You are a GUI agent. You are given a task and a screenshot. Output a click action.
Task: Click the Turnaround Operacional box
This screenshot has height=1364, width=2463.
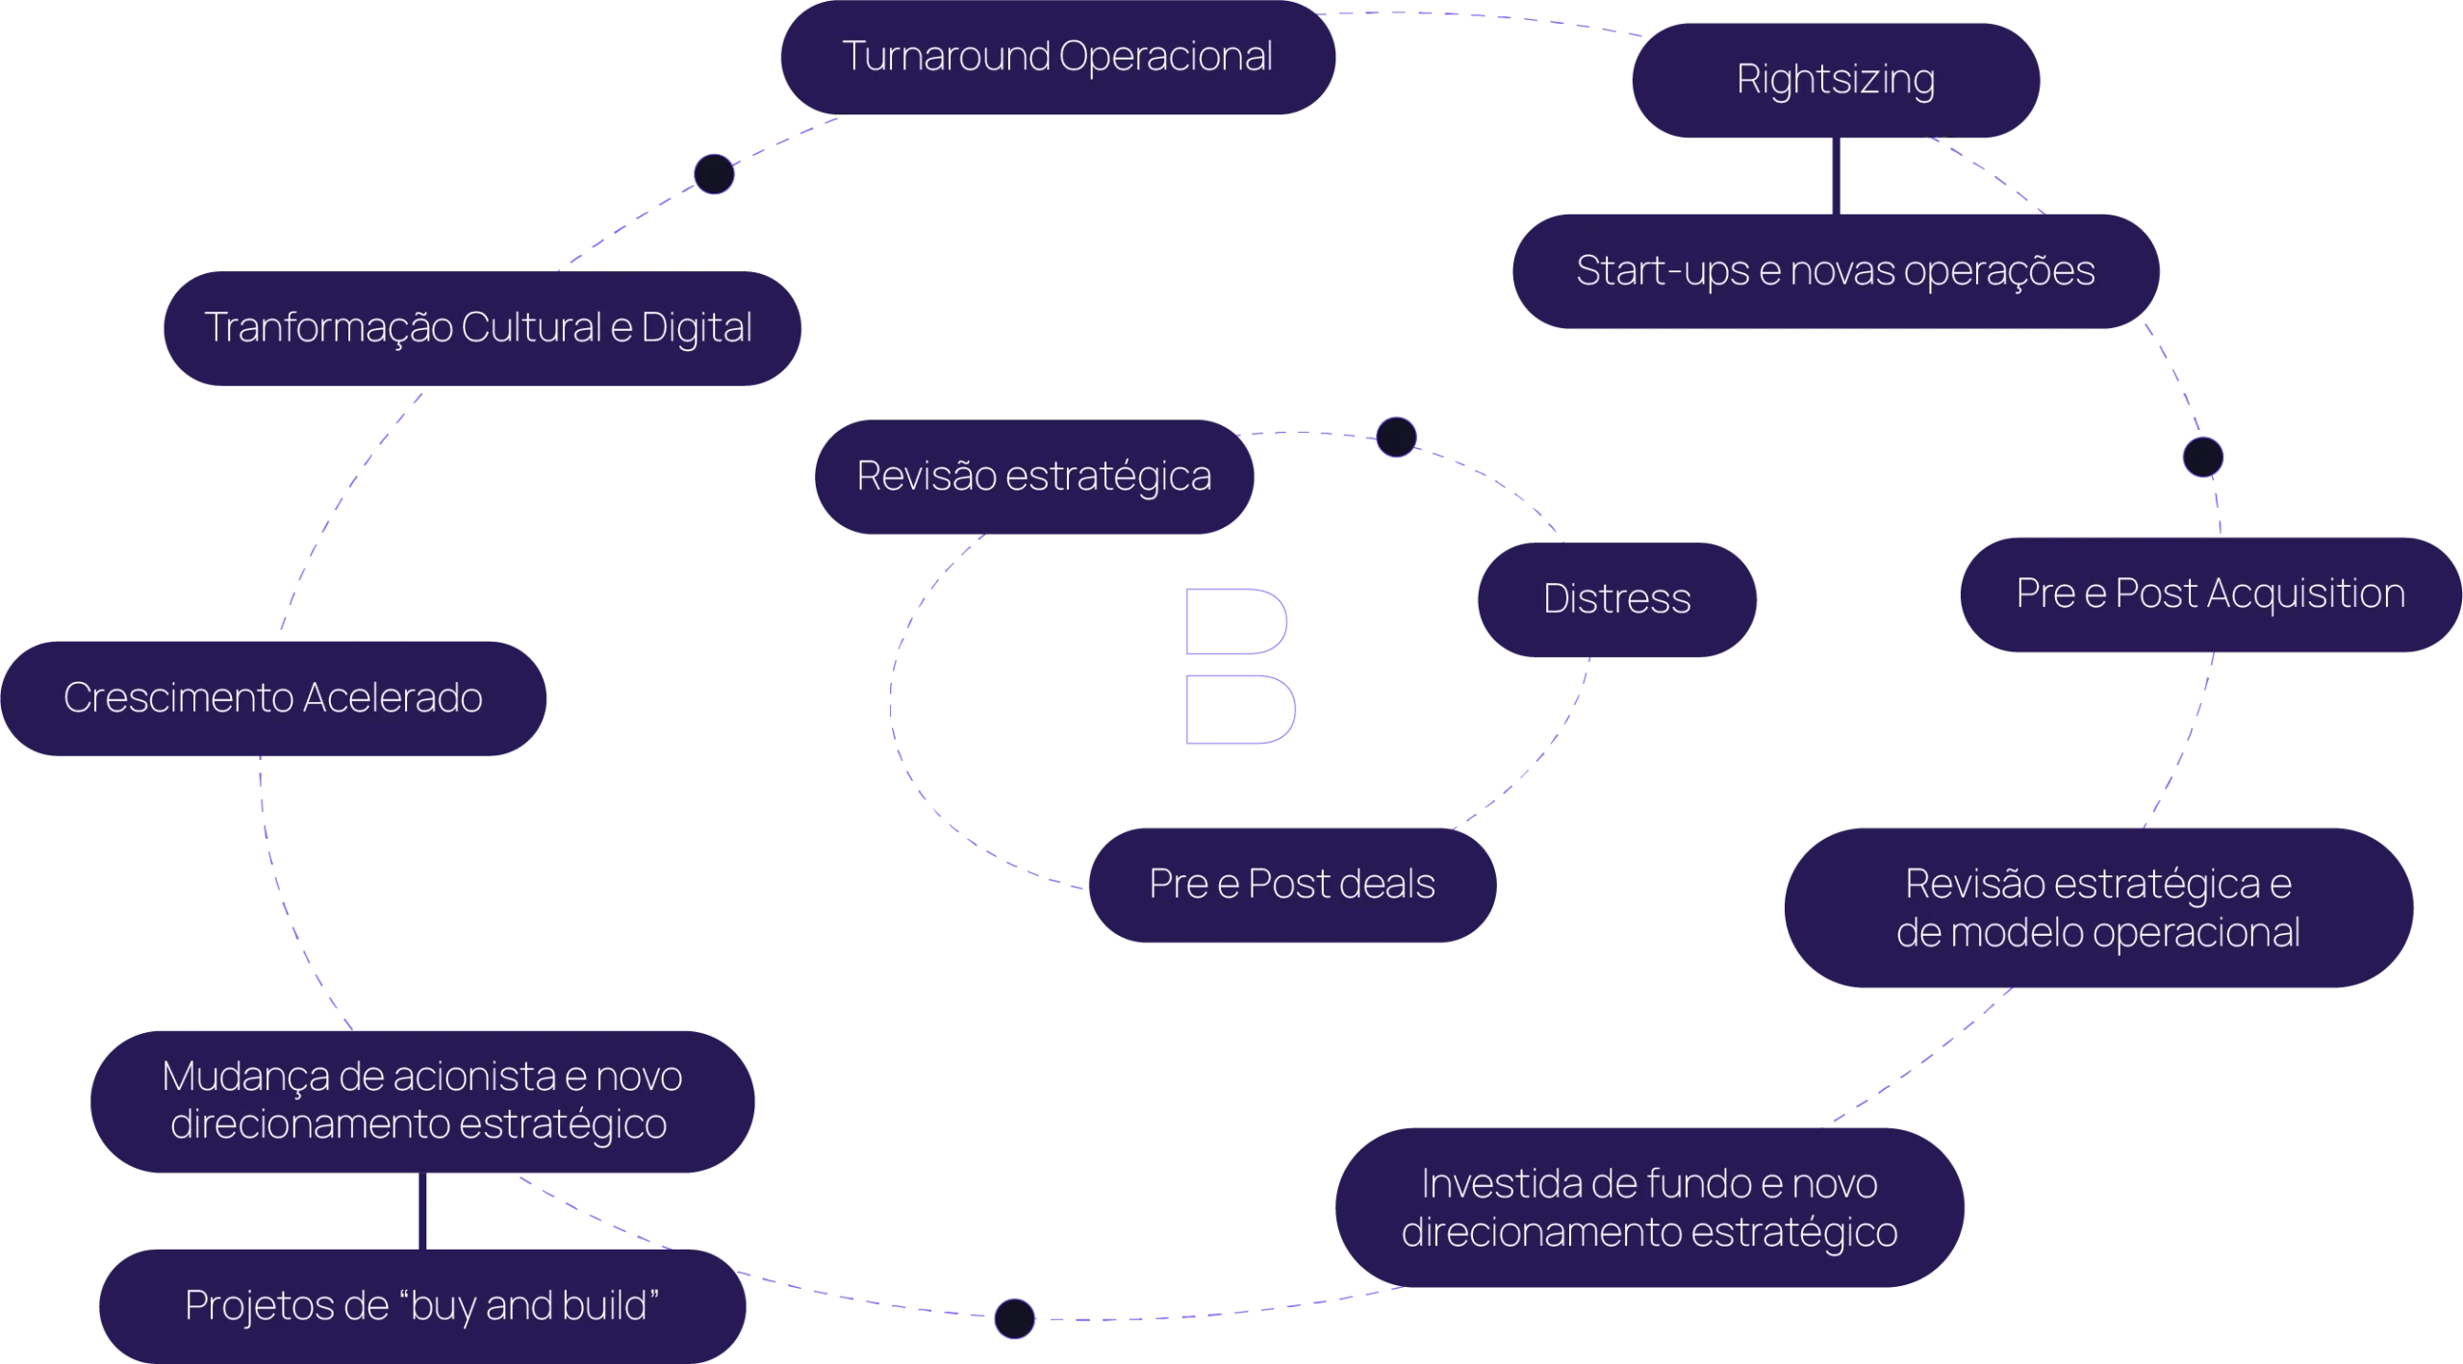1057,57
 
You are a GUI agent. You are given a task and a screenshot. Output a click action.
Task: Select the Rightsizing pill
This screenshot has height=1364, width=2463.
1836,80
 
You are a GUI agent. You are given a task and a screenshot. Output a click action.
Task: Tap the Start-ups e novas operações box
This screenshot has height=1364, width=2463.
1835,271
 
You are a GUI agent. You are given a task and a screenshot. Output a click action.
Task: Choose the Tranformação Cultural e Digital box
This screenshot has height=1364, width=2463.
480,328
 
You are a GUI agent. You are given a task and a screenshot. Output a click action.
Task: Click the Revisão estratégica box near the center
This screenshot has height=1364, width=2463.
1033,476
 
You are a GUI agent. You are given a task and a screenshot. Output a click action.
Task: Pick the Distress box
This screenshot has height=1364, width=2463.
1617,599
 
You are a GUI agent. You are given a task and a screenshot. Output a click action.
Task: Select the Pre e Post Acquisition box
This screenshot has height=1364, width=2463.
2210,594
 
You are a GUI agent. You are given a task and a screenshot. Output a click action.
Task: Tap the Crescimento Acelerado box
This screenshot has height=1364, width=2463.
273,698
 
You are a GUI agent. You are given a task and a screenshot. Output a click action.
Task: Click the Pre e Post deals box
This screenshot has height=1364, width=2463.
1292,884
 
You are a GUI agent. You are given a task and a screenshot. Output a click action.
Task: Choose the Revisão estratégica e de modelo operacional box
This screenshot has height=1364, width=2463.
2098,908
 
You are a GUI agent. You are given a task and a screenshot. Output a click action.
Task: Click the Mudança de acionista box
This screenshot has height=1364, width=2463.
422,1100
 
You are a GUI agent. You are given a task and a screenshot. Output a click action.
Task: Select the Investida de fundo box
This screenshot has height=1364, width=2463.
1649,1208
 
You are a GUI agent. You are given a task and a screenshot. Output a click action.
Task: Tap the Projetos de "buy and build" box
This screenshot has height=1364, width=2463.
421,1306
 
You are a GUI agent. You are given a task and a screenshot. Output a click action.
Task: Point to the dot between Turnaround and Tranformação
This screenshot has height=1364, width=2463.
714,174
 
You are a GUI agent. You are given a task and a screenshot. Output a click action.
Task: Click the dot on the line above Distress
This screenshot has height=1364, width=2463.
1396,437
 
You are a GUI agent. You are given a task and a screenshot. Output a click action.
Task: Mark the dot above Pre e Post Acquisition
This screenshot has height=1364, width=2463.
2202,457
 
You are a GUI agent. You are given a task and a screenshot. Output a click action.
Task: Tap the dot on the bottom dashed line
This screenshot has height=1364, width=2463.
1014,1318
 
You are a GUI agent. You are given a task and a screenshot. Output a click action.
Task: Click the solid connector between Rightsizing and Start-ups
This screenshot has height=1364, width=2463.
1841,175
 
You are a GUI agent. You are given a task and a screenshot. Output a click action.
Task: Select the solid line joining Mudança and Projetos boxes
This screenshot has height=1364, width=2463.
422,1212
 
